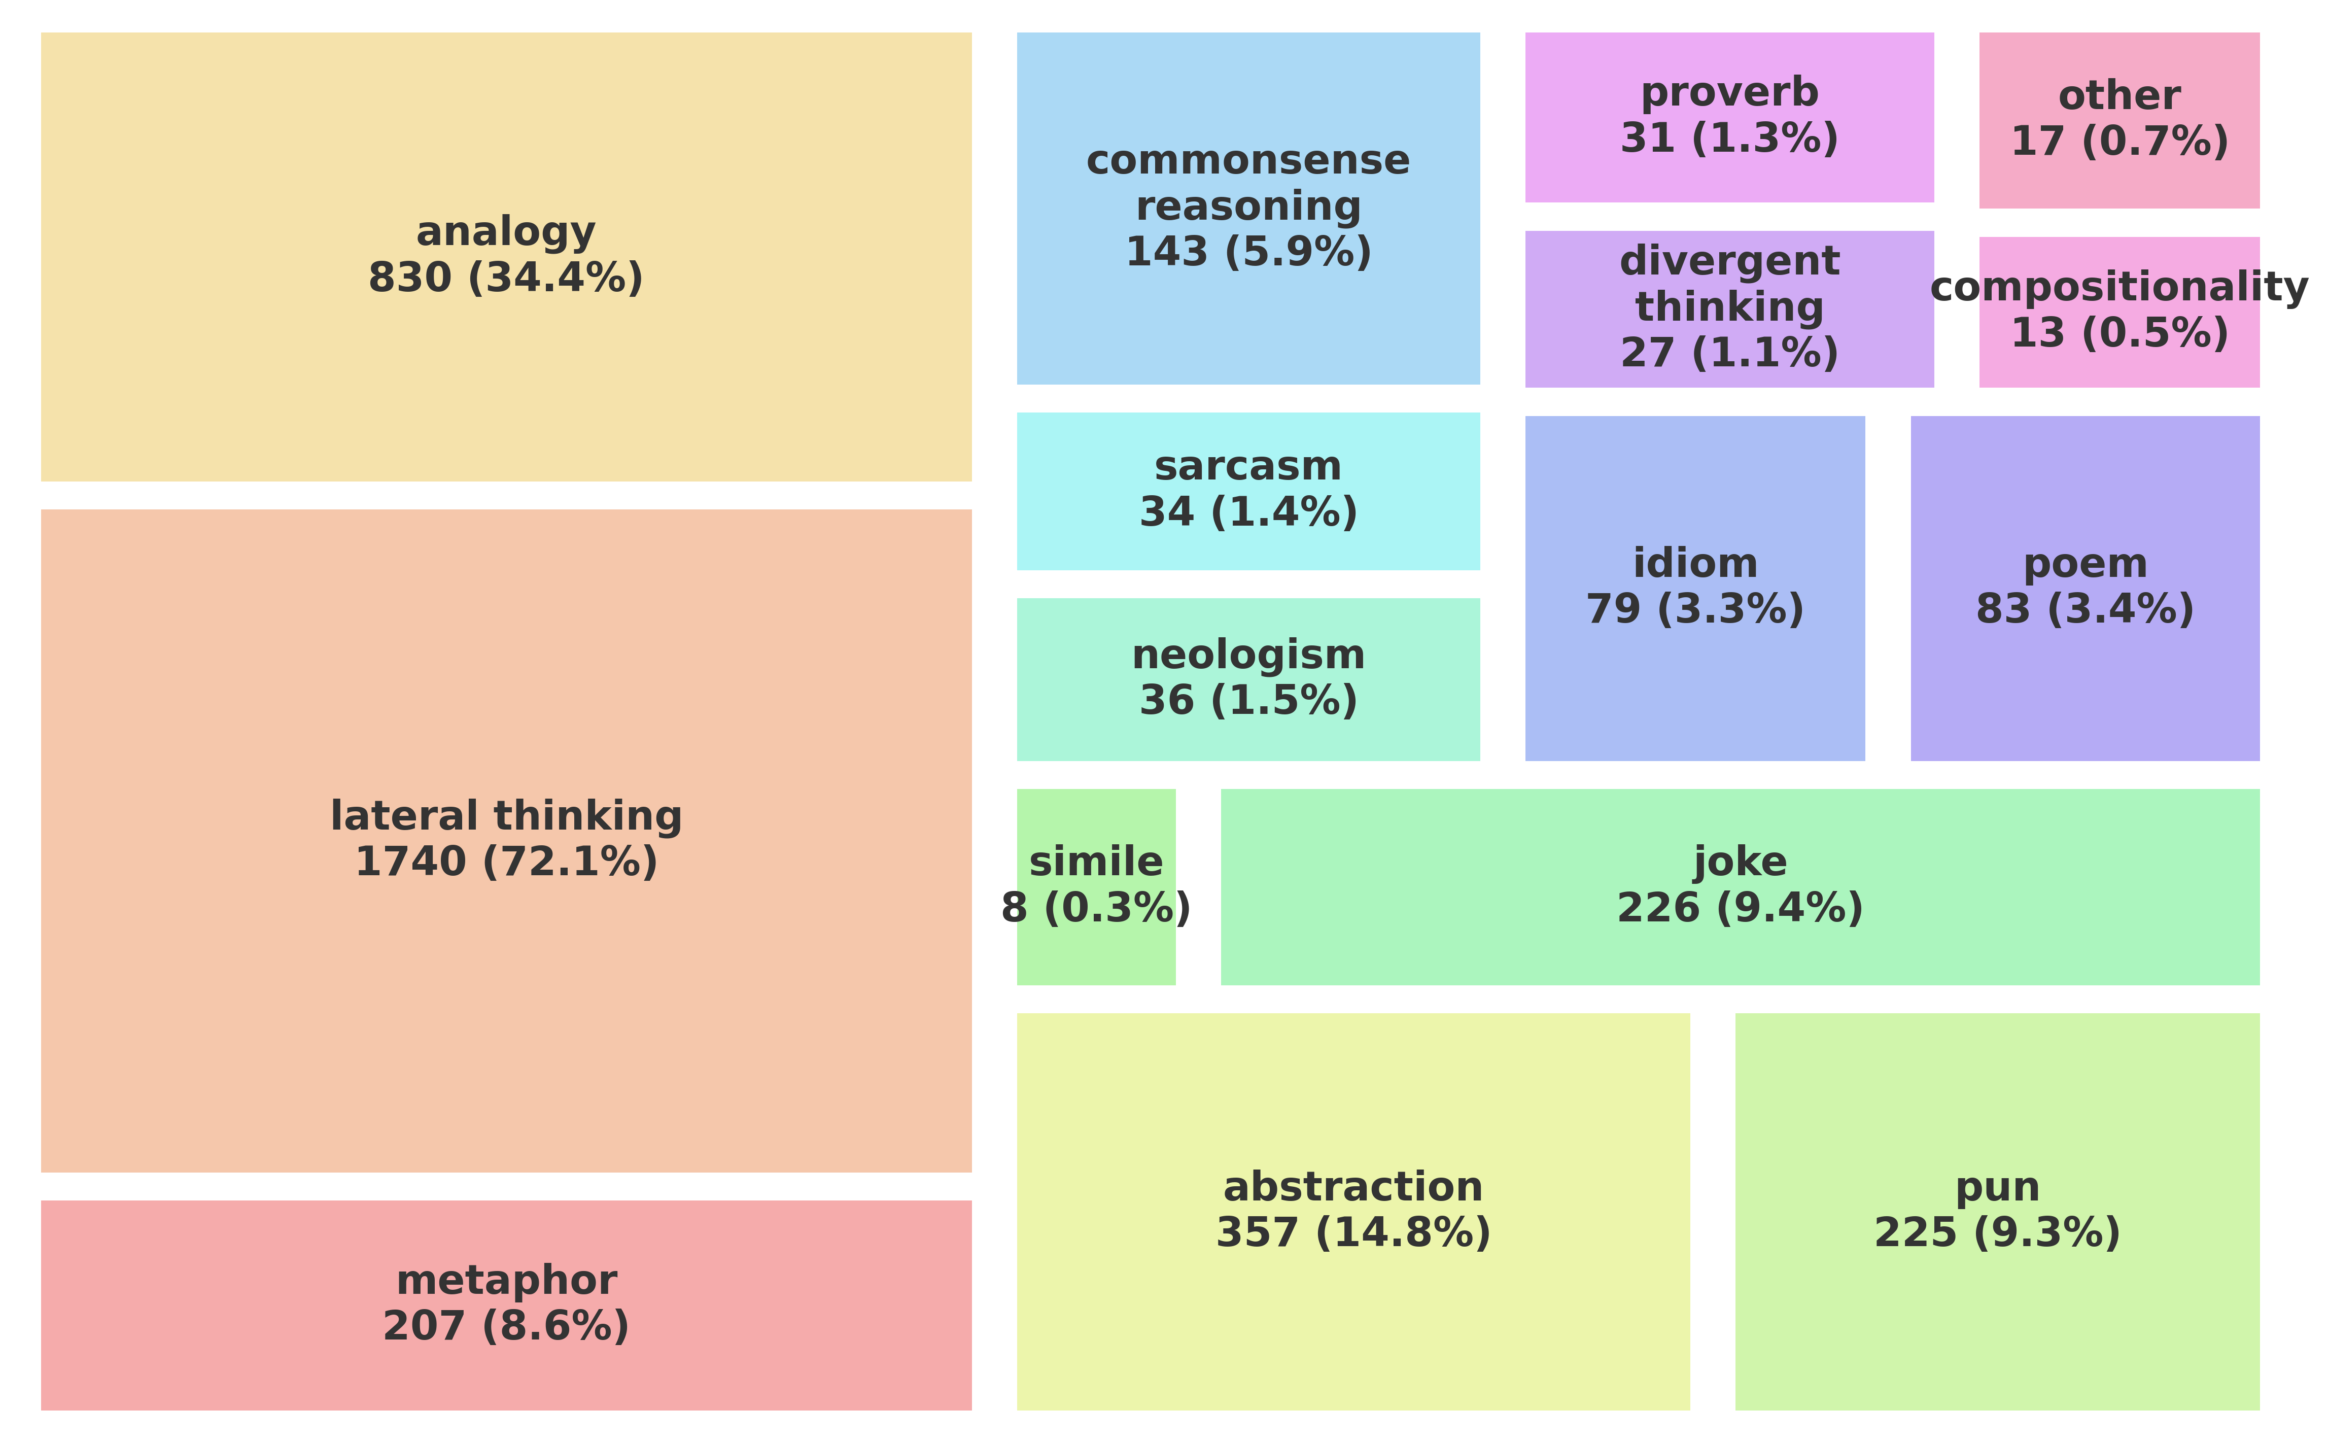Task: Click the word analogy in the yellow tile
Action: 506,232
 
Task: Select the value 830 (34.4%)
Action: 506,278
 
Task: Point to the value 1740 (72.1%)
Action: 506,862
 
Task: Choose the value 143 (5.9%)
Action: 1248,252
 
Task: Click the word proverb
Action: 1729,92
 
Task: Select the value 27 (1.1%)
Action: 1729,353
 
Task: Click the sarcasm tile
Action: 1248,491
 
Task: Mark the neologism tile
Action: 1248,678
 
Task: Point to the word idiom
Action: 1694,563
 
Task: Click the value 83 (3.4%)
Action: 2084,609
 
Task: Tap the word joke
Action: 1740,862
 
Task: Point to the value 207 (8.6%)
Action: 506,1326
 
